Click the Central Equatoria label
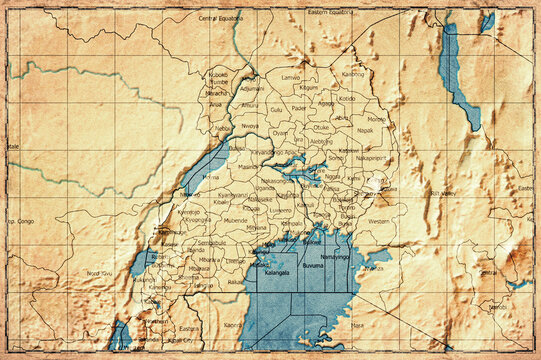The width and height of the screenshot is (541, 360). [222, 18]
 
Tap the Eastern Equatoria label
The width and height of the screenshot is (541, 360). [330, 12]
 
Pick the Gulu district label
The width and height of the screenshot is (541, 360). [276, 109]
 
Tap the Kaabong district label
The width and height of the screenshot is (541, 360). [353, 73]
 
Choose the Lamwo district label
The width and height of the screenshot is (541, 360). [291, 76]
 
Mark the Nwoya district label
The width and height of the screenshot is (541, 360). [249, 127]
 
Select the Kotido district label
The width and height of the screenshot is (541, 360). [346, 98]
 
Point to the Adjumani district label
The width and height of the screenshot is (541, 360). [253, 88]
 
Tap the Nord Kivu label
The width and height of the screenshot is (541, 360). [99, 273]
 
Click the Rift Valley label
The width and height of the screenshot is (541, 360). [441, 192]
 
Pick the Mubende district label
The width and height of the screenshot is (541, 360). [235, 219]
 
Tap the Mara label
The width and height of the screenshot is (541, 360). [357, 324]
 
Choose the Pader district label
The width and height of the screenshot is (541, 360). [300, 109]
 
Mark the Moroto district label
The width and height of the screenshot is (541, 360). [376, 119]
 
